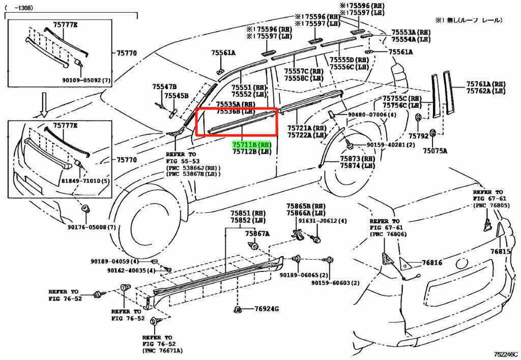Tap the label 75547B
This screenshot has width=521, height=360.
pyautogui.click(x=164, y=88)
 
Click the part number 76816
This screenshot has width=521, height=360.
pyautogui.click(x=431, y=263)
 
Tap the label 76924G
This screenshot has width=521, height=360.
pyautogui.click(x=257, y=309)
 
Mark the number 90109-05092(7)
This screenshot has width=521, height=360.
pyautogui.click(x=86, y=80)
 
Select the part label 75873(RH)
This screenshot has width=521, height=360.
pyautogui.click(x=358, y=159)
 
